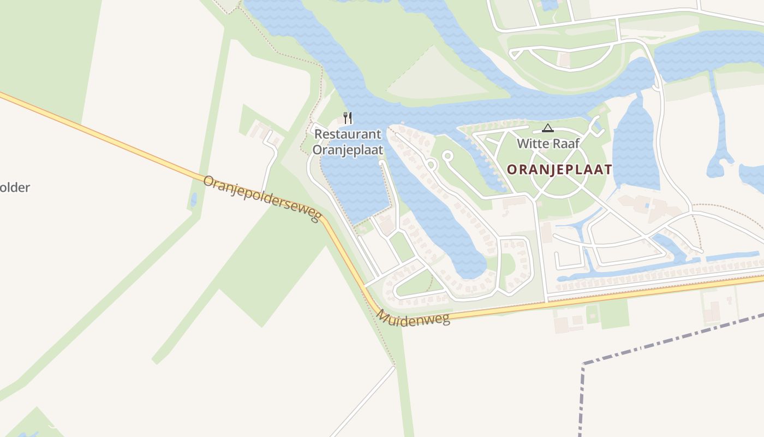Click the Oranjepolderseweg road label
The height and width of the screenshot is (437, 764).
(x=261, y=198)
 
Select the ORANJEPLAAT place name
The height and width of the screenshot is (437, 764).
(x=559, y=169)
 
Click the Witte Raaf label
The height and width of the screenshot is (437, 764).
(x=548, y=144)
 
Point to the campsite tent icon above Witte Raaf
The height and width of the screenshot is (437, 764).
(x=548, y=128)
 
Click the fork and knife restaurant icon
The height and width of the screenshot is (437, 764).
(x=348, y=118)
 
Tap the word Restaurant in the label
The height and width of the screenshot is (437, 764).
(x=348, y=134)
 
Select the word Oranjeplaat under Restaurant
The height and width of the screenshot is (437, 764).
(x=348, y=149)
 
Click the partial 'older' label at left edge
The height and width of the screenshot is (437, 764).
(x=15, y=187)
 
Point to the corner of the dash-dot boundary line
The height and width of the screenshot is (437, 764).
(x=584, y=363)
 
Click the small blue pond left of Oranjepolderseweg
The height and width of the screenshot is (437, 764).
(x=193, y=200)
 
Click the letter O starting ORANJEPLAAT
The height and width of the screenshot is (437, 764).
(x=511, y=169)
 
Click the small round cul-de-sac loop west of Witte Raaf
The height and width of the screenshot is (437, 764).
(x=447, y=156)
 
